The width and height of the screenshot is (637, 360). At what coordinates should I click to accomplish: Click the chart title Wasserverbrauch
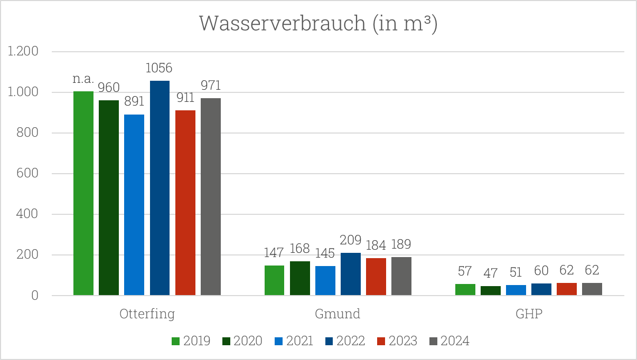pyautogui.click(x=317, y=24)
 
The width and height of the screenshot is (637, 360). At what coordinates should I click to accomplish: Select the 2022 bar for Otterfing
pyautogui.click(x=160, y=188)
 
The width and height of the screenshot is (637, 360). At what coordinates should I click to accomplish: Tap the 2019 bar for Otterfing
pyautogui.click(x=83, y=193)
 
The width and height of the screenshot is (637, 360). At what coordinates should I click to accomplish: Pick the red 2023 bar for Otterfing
pyautogui.click(x=185, y=203)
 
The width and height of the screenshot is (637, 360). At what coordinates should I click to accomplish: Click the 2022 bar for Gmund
pyautogui.click(x=351, y=274)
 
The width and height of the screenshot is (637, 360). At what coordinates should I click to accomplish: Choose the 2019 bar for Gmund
pyautogui.click(x=274, y=280)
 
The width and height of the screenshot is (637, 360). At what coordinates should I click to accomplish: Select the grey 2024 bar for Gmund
pyautogui.click(x=401, y=276)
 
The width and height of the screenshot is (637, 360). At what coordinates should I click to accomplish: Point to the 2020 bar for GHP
pyautogui.click(x=491, y=291)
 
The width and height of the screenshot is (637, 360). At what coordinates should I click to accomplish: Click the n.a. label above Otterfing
pyautogui.click(x=83, y=79)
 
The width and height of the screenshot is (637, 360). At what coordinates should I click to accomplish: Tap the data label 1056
pyautogui.click(x=160, y=68)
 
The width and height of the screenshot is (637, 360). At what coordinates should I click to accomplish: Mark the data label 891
pyautogui.click(x=134, y=102)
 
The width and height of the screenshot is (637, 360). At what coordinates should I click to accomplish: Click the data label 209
pyautogui.click(x=351, y=241)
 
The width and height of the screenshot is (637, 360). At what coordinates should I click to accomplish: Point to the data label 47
pyautogui.click(x=491, y=273)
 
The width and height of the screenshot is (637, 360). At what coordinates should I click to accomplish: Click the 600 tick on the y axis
pyautogui.click(x=27, y=174)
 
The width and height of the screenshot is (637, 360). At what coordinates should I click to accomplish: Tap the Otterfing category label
pyautogui.click(x=147, y=314)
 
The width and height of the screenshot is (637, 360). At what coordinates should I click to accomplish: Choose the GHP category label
pyautogui.click(x=529, y=314)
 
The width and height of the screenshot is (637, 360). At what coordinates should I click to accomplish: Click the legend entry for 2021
pyautogui.click(x=294, y=341)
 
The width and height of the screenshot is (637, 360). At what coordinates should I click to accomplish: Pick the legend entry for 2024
pyautogui.click(x=449, y=341)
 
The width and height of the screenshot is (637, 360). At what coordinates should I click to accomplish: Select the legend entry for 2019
pyautogui.click(x=191, y=341)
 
